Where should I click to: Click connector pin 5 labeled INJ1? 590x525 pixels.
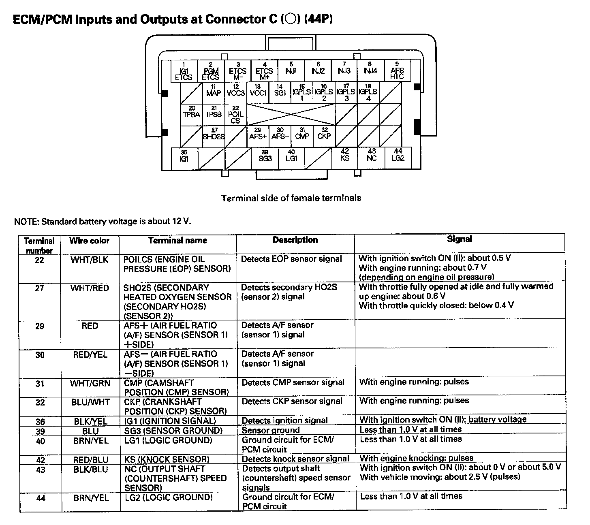point(291,70)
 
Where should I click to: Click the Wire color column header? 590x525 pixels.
point(89,241)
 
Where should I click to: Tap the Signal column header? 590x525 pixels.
point(460,239)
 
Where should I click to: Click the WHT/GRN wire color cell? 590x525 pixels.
point(90,383)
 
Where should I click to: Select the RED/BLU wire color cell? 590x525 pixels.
point(91,460)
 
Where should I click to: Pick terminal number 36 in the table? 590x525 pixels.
point(40,422)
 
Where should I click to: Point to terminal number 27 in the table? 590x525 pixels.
point(39,288)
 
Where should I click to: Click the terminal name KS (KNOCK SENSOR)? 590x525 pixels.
point(167,459)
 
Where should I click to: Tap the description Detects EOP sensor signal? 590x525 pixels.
point(291,259)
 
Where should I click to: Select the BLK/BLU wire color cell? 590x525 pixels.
point(91,469)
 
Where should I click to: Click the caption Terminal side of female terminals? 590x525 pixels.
point(291,198)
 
